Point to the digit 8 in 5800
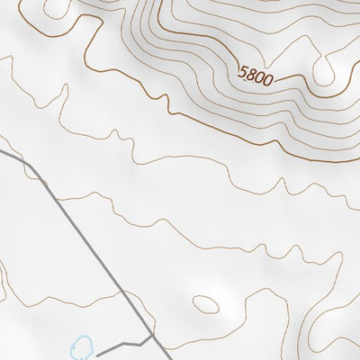click(252, 73)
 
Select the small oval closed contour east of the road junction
click(207, 304)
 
